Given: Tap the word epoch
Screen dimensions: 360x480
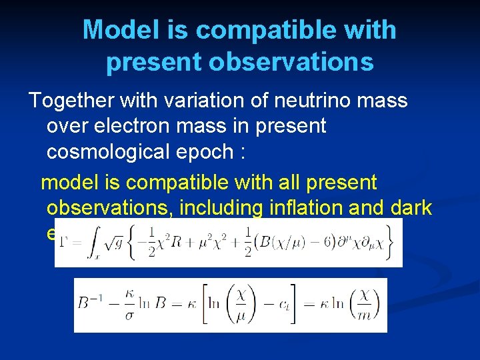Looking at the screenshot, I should tap(203, 152).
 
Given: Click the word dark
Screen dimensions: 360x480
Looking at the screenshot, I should tap(409, 208).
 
